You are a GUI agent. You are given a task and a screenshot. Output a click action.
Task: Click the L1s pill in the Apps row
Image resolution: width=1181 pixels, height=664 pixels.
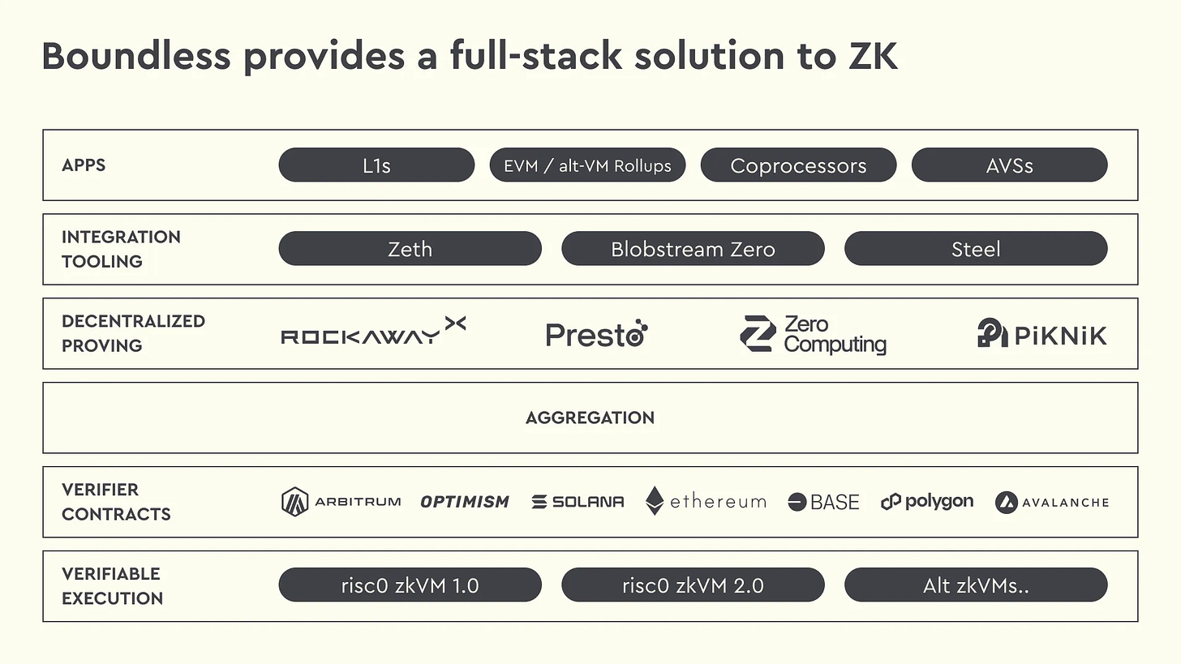tap(376, 165)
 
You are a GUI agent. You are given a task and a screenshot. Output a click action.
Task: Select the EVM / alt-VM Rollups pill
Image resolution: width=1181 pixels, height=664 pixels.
tap(587, 165)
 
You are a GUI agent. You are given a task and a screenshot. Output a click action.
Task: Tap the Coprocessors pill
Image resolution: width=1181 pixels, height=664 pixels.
tap(798, 165)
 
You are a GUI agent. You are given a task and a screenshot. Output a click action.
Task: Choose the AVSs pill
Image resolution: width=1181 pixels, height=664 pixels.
tap(1009, 165)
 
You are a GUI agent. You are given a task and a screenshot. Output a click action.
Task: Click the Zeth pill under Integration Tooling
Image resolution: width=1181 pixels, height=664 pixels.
tap(410, 249)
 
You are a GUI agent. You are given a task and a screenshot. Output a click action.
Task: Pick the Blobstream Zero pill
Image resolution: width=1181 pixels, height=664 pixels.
tap(693, 249)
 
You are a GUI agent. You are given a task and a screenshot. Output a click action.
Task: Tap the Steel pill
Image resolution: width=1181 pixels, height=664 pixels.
tap(975, 249)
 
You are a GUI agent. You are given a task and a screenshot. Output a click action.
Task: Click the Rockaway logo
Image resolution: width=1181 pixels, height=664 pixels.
tap(373, 332)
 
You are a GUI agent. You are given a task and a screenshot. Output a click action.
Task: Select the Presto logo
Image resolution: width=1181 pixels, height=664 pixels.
tap(596, 334)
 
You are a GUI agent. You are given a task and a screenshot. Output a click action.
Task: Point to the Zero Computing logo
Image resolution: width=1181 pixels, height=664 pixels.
tap(813, 334)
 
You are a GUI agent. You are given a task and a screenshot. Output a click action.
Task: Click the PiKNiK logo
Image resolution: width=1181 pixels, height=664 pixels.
tap(1041, 334)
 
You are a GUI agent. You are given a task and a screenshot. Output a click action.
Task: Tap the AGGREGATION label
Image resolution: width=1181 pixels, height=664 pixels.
tap(590, 418)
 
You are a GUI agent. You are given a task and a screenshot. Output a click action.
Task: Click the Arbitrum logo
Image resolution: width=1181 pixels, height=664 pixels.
tap(341, 502)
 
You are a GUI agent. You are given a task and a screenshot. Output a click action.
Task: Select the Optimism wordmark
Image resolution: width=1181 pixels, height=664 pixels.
tap(465, 502)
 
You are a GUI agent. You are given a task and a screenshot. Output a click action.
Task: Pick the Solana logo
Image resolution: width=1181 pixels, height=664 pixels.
tap(578, 502)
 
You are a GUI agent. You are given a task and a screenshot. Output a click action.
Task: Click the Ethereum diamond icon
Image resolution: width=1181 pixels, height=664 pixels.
tap(655, 502)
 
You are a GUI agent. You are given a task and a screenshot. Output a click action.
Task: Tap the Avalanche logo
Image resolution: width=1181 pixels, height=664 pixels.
tap(1051, 502)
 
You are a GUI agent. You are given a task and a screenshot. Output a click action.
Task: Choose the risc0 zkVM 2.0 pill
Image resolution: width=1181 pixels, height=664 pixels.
tap(693, 585)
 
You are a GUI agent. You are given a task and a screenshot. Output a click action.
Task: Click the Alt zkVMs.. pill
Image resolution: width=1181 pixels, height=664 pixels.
tap(975, 585)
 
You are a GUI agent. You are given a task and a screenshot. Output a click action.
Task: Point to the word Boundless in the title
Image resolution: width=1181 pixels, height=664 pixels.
tap(135, 57)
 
